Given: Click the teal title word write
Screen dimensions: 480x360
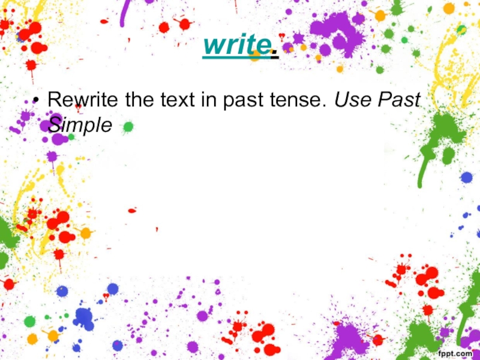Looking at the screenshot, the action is [x=237, y=44].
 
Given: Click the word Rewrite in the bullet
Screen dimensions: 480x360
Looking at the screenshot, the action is [x=83, y=99].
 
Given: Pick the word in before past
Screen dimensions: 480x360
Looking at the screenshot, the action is [x=209, y=99].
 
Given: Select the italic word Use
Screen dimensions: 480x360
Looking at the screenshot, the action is [x=352, y=99].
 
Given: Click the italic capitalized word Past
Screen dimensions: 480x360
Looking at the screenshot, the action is [x=399, y=99].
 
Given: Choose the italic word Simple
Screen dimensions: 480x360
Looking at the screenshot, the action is [x=80, y=125].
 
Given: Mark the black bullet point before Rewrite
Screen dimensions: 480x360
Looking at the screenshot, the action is [x=36, y=100].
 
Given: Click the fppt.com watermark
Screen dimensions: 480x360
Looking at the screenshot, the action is [x=455, y=353].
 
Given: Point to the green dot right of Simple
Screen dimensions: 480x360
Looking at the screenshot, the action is [x=128, y=127].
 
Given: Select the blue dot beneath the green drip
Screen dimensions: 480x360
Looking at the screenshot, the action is [x=467, y=178].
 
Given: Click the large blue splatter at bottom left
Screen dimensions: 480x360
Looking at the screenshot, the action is [x=83, y=319].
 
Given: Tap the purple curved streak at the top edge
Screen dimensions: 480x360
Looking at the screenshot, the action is [x=125, y=13].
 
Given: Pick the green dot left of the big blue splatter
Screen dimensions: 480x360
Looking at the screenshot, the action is [x=29, y=322].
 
